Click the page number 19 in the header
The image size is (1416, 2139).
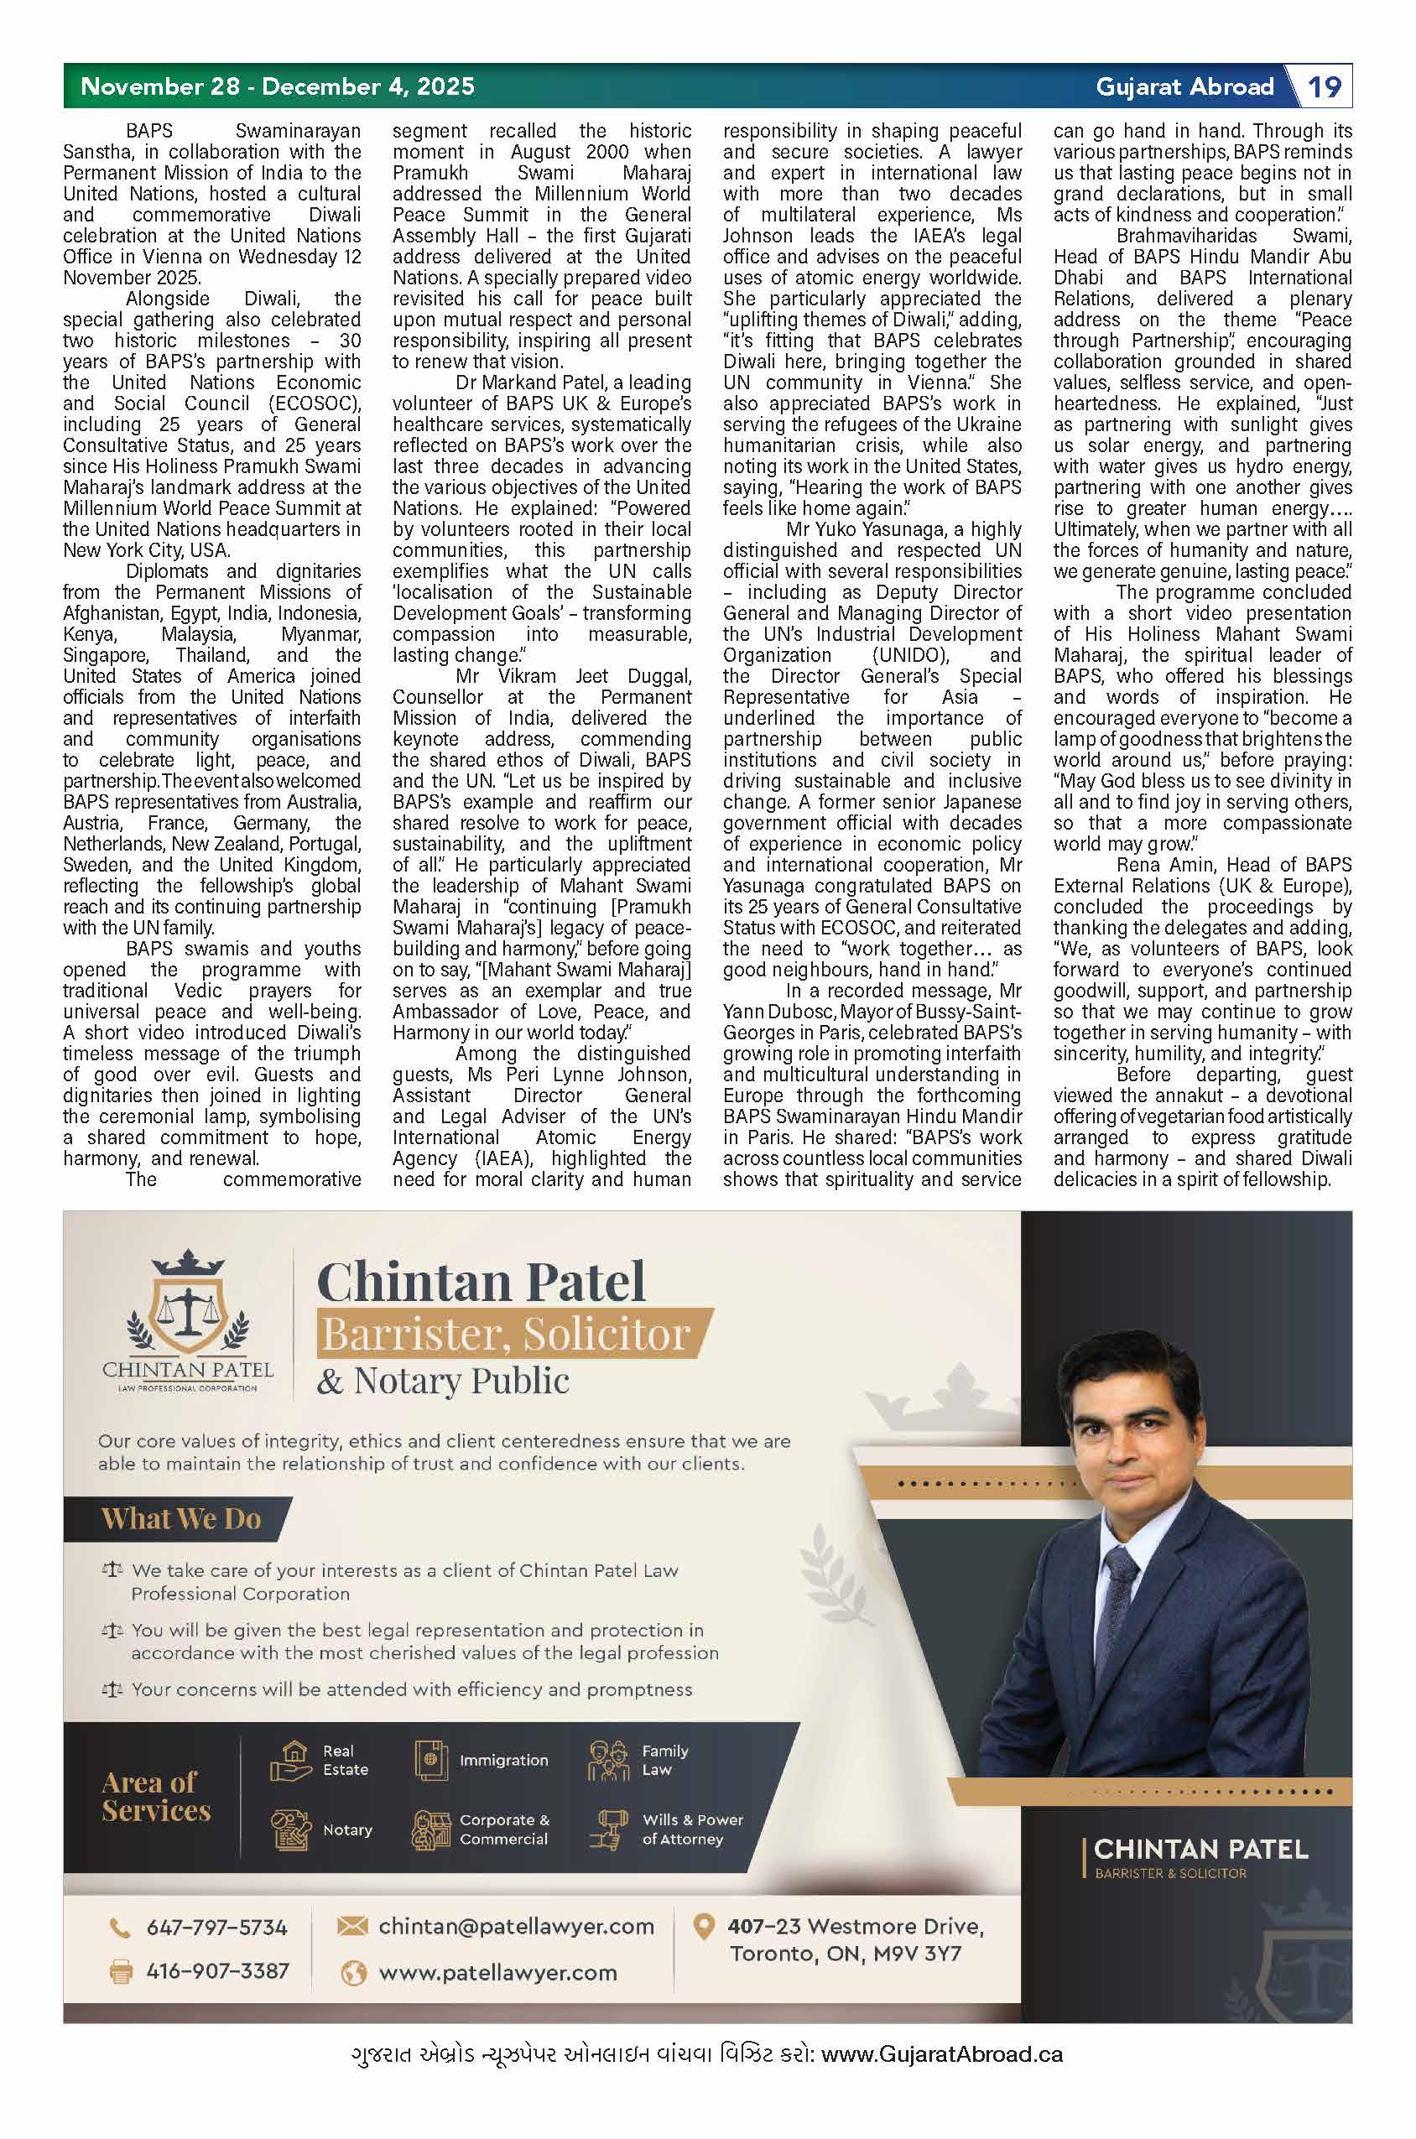point(1324,86)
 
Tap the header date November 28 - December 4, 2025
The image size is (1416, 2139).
point(277,86)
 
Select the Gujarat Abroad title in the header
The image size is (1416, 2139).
point(1184,86)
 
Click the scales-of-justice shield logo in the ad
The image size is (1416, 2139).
point(188,1301)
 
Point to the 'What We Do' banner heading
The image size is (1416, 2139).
point(180,1519)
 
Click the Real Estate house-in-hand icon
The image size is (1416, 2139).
point(291,1761)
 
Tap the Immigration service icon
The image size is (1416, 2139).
point(432,1761)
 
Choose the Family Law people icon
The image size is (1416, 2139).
point(608,1761)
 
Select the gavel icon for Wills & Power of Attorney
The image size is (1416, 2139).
point(608,1829)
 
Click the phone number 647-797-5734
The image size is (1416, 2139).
point(216,1928)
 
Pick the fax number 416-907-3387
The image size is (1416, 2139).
point(216,1970)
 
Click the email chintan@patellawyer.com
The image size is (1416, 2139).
point(516,1926)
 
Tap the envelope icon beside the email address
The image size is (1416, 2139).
point(351,1926)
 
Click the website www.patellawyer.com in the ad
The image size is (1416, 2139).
point(497,1973)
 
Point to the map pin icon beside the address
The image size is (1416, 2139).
point(703,1928)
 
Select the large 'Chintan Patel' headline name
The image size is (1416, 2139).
point(482,1281)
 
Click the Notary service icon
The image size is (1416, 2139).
point(291,1829)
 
